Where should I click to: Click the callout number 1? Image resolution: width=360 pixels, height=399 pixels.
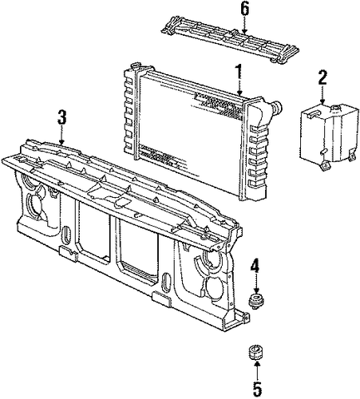pos(239,71)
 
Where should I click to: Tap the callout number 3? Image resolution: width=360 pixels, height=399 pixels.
pos(61,117)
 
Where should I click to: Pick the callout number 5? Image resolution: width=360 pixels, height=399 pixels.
pos(257,389)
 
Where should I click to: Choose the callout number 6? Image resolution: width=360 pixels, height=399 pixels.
pos(245,9)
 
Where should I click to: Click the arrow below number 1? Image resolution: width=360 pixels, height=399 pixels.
pos(239,88)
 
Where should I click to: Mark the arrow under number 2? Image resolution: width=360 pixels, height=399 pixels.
pos(322,95)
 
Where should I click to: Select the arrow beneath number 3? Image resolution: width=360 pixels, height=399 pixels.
pos(61,135)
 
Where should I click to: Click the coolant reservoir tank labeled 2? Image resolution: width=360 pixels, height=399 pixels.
pos(328,136)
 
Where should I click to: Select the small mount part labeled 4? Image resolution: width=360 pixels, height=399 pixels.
pos(255,302)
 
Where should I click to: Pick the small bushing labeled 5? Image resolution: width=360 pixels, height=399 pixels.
pos(256,353)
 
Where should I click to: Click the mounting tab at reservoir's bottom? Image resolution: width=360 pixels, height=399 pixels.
pos(324,166)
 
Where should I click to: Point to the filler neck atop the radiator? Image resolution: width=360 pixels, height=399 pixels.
pos(136,65)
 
